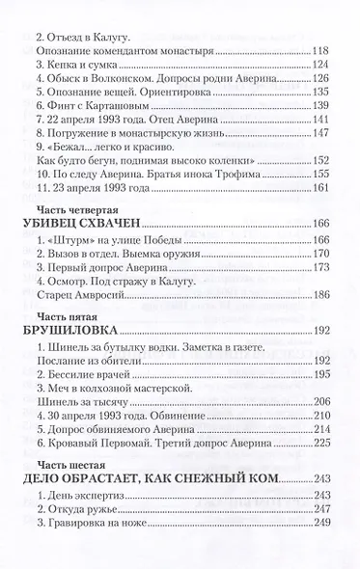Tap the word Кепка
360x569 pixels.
pos(61,67)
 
